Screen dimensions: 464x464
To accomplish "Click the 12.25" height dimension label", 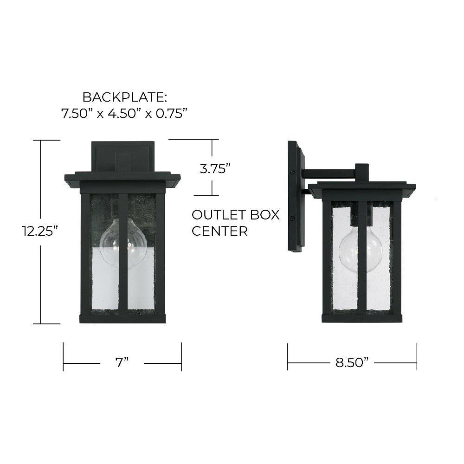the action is click(40, 231).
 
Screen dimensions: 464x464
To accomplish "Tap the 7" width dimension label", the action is click(122, 362).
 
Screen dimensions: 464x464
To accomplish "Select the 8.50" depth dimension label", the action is click(352, 362).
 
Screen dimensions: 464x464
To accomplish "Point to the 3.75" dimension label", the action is click(215, 169).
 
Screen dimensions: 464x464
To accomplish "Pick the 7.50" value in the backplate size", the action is click(75, 113).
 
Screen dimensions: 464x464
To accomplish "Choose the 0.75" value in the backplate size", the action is click(172, 113).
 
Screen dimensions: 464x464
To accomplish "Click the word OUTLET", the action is click(219, 215).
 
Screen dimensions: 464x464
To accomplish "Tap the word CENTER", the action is click(219, 231).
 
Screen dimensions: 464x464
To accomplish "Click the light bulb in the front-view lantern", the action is click(123, 243).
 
